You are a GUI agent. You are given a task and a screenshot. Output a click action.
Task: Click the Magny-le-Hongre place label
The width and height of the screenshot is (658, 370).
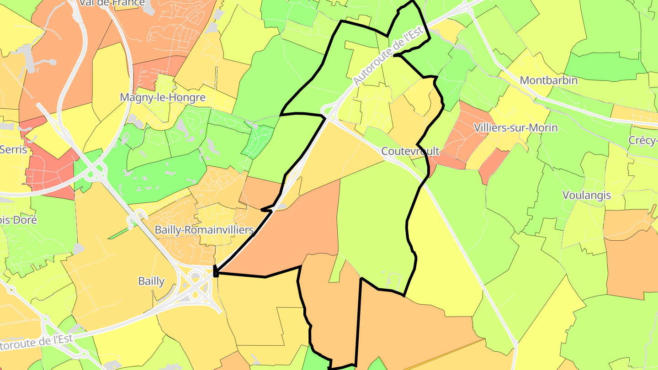point(162,97)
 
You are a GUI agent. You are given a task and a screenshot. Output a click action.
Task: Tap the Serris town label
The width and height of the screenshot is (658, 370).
point(14,149)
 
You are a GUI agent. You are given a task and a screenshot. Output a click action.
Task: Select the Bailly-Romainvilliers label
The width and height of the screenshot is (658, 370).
point(204,230)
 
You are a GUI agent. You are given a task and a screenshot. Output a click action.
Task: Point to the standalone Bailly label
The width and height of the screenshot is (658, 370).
point(151,281)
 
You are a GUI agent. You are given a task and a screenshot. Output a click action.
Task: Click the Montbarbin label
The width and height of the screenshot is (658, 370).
point(549,80)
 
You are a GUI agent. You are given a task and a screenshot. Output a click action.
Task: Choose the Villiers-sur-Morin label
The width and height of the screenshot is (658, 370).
point(516,127)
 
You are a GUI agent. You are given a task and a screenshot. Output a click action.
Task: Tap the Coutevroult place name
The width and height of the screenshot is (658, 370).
point(410,151)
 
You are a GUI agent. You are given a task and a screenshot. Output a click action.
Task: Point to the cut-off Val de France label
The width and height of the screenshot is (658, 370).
point(112,3)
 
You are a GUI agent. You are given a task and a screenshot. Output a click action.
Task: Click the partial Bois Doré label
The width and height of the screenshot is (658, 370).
point(18,220)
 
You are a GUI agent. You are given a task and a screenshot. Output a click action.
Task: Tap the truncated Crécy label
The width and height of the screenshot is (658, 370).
point(643,140)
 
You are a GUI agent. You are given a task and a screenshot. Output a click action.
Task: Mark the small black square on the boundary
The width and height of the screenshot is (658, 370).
point(216,273)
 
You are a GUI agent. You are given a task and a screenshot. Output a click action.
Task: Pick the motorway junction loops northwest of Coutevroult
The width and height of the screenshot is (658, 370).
point(328,111)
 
